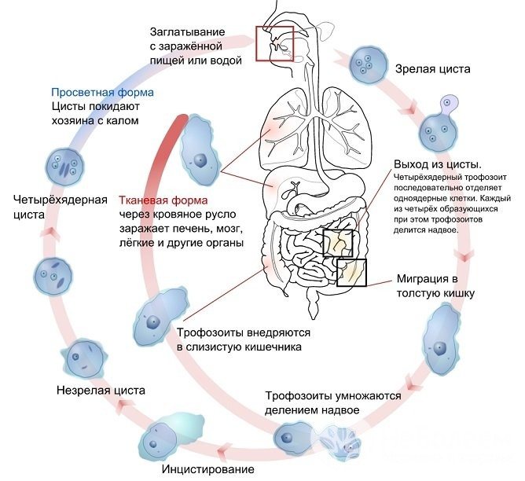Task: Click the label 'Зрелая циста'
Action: (x=432, y=69)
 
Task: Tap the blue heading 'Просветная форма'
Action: (x=102, y=92)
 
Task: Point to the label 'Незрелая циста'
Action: (x=101, y=390)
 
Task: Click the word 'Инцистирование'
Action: (x=207, y=470)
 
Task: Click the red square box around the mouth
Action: (x=274, y=45)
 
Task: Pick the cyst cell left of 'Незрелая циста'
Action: (x=84, y=359)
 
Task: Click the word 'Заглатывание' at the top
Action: (x=188, y=31)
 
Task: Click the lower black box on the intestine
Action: (x=351, y=271)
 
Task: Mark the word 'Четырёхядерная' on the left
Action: (x=61, y=198)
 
